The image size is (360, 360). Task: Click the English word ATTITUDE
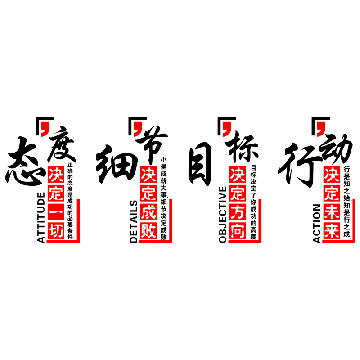[41, 218]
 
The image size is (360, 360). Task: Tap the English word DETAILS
[133, 221]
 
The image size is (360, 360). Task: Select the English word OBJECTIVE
[223, 215]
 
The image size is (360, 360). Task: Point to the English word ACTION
[317, 223]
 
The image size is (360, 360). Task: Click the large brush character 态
[25, 161]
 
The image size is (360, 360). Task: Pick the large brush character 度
[62, 144]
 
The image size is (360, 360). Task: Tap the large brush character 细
[117, 164]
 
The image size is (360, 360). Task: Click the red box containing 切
[56, 230]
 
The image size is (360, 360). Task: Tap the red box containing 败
[148, 230]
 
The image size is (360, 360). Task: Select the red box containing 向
[238, 230]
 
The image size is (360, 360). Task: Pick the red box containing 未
[332, 212]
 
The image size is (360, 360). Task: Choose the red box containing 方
[238, 212]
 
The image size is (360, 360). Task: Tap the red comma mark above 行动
[321, 129]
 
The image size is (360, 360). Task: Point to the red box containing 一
[56, 212]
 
